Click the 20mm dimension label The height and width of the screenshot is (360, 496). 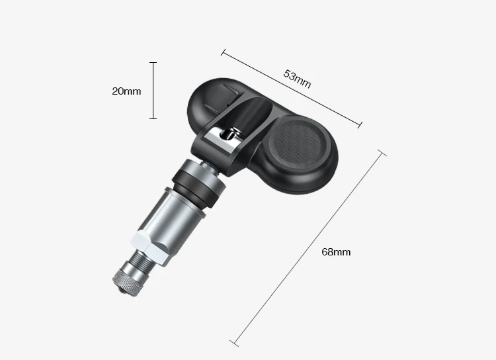click(126, 91)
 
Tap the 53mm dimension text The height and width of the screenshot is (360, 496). click(297, 79)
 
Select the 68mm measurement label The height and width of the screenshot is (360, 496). click(335, 252)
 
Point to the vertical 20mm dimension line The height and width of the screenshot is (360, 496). click(153, 91)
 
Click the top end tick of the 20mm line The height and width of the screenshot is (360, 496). click(153, 63)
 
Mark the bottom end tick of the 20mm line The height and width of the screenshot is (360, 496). click(153, 118)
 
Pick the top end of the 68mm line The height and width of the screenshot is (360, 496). click(381, 153)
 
